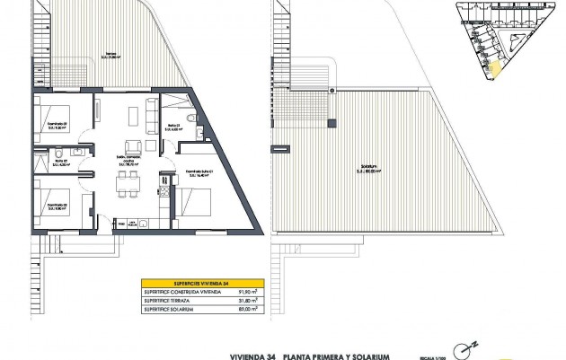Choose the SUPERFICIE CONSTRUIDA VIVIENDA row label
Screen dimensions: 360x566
[176, 291]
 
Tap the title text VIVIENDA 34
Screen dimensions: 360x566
[242, 356]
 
